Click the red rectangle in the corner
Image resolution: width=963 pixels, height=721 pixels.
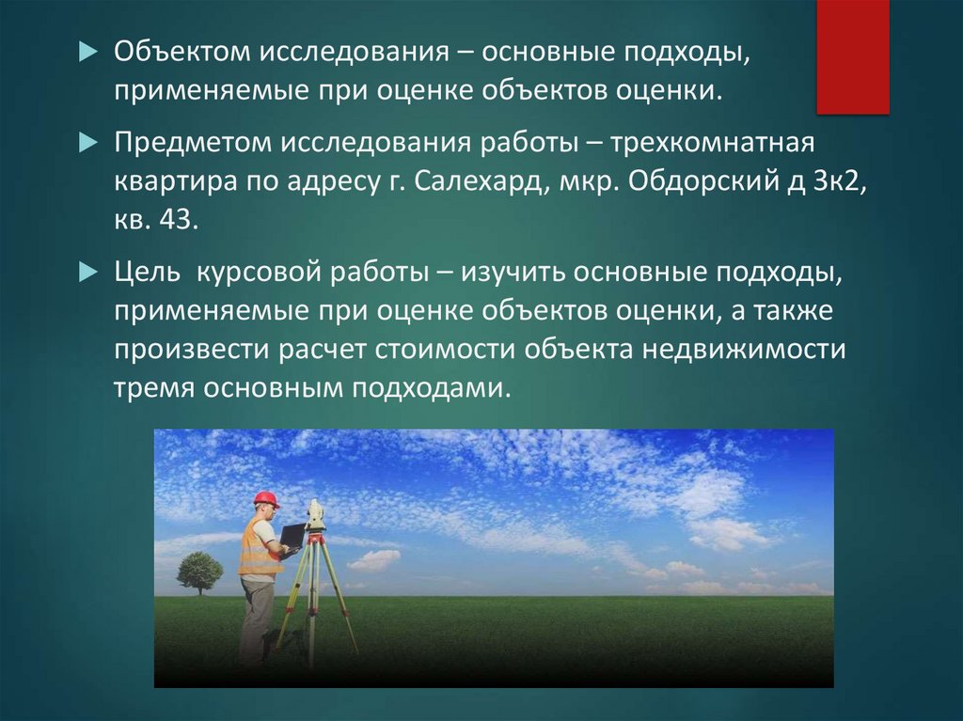point(852,56)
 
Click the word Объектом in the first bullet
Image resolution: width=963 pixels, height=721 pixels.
point(182,52)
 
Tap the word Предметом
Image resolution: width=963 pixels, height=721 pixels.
point(193,143)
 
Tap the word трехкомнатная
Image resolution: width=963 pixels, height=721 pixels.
point(713,143)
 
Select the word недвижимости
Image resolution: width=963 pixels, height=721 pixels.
point(744,349)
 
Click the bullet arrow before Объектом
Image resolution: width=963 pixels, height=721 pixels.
point(88,53)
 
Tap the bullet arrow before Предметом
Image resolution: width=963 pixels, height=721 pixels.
point(88,143)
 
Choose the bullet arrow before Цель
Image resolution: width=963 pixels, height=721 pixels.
point(88,272)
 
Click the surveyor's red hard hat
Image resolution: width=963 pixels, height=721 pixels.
point(266,498)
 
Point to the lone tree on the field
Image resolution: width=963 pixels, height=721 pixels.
point(199,573)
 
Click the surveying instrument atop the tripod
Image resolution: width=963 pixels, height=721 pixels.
point(315,514)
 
